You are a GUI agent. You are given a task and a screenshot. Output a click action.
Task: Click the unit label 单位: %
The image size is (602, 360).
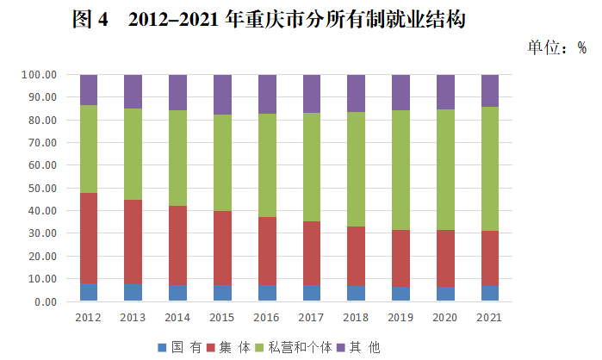(x=556, y=47)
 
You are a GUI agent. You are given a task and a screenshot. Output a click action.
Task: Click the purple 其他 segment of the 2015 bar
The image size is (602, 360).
(x=222, y=94)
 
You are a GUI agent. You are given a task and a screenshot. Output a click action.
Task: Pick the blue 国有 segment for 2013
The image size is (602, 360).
(x=133, y=292)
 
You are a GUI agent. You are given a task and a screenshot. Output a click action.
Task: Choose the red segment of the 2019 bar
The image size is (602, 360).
(x=400, y=258)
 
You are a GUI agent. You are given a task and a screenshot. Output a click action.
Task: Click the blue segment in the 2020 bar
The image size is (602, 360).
(x=445, y=294)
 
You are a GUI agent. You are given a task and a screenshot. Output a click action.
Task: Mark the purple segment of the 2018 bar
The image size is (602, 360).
(x=356, y=93)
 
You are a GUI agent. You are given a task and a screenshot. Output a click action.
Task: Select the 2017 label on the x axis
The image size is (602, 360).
(x=311, y=318)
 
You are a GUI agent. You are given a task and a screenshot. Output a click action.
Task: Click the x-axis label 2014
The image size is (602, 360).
(x=177, y=318)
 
